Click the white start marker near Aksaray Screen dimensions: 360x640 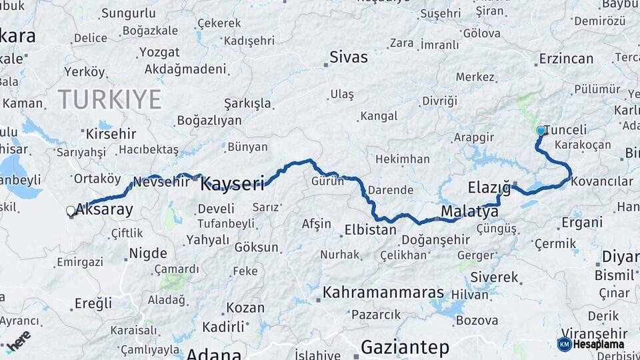71,211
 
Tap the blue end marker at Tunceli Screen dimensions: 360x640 541,131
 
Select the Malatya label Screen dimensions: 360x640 469,212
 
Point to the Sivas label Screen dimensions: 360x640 349,57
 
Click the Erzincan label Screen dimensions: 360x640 566,59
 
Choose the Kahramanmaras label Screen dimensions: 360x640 383,293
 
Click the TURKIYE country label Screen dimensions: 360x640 109,99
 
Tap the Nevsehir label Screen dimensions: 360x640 161,181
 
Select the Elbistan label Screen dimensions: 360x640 370,229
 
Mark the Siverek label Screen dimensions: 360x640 494,276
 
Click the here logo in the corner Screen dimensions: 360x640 19,340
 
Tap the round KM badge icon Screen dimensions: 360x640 564,344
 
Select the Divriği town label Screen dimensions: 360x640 439,101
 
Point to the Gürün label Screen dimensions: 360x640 327,181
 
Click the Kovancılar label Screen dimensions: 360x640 602,181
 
